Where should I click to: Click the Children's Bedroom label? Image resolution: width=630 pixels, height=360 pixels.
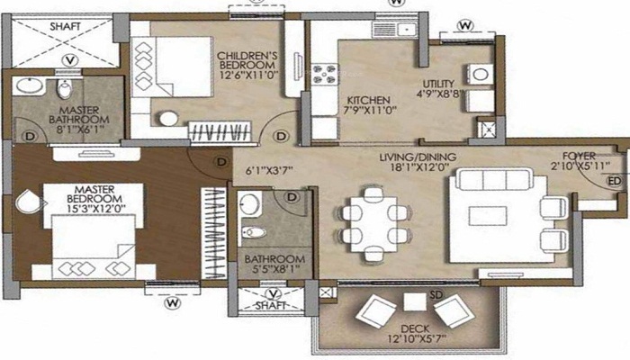click(247, 60)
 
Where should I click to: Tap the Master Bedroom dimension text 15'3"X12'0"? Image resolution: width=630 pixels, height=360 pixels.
click(94, 209)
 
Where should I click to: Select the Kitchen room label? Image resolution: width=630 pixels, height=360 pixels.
click(368, 100)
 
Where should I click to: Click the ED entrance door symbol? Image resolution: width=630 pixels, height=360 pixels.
click(615, 181)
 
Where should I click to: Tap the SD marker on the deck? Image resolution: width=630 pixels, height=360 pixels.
click(436, 295)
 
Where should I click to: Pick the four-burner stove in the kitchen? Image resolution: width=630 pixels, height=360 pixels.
click(325, 74)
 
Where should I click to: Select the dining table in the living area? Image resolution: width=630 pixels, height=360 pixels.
click(373, 224)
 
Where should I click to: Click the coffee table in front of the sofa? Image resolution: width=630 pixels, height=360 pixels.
click(488, 216)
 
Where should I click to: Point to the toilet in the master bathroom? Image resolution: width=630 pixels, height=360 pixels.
click(65, 88)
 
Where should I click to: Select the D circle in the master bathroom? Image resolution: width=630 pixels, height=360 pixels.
click(30, 136)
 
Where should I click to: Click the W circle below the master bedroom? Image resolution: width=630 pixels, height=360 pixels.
click(173, 302)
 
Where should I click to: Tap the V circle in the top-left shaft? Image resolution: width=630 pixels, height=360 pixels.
click(71, 60)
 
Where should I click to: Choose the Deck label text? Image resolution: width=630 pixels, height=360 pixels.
click(415, 328)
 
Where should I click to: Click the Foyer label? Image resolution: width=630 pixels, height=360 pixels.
click(579, 156)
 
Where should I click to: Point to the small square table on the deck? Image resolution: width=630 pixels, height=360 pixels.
click(415, 301)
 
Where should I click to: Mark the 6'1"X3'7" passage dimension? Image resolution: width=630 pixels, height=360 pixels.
click(269, 171)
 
